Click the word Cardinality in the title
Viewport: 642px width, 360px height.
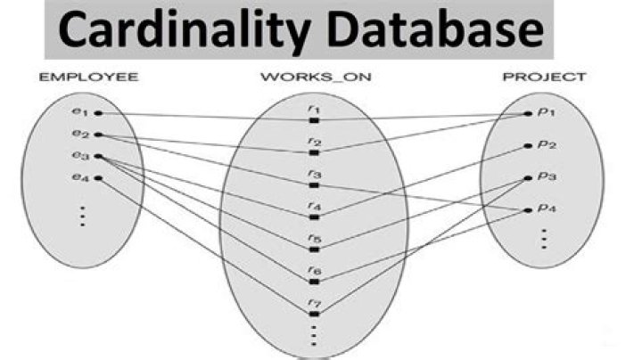click(x=184, y=29)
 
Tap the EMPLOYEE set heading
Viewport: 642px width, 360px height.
click(x=88, y=77)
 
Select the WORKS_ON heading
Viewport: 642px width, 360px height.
click(x=316, y=77)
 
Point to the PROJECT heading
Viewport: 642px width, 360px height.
click(x=545, y=77)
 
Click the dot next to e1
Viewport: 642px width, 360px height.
click(x=98, y=113)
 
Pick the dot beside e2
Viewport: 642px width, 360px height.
click(x=98, y=135)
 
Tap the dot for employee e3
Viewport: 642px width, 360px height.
click(x=98, y=156)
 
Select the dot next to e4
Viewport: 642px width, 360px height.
click(x=98, y=178)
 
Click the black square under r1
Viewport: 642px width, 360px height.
click(x=314, y=120)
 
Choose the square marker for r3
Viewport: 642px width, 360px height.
click(x=314, y=185)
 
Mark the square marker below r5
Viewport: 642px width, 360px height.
click(x=314, y=250)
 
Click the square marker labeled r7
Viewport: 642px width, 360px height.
click(x=314, y=315)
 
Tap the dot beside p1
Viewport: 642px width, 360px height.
click(x=528, y=114)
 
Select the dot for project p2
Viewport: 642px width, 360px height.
click(x=528, y=145)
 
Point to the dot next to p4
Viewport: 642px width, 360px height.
click(x=528, y=210)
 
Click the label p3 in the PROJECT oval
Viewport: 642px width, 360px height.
click(x=547, y=176)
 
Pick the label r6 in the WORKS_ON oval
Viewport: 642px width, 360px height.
click(x=315, y=270)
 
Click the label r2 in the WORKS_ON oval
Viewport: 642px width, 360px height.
click(x=315, y=142)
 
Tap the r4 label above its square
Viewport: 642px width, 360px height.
click(x=315, y=206)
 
